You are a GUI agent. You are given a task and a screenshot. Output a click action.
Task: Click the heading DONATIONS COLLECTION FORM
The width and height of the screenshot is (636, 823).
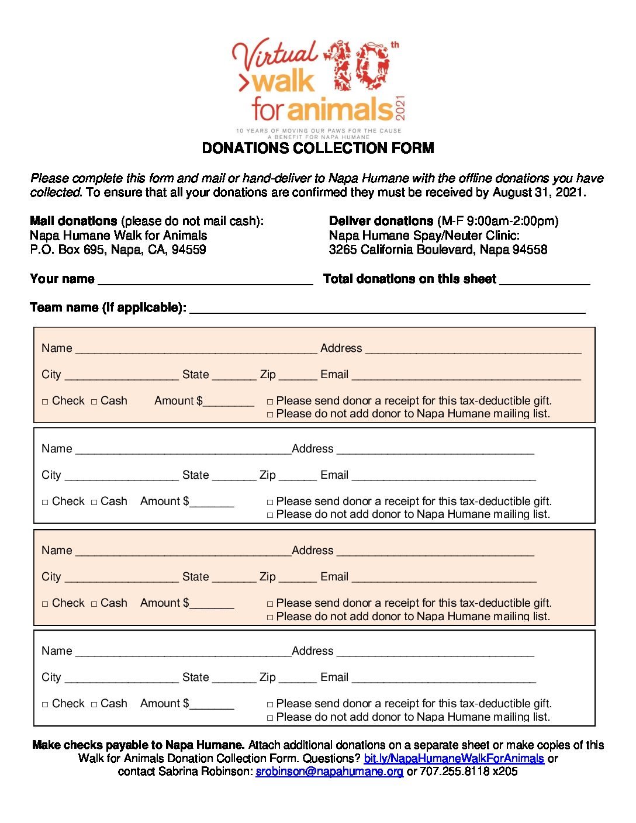[318, 148]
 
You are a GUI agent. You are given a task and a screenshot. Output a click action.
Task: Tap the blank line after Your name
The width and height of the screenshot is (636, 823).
[205, 281]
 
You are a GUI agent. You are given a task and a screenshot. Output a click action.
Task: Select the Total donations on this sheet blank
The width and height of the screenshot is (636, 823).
[545, 281]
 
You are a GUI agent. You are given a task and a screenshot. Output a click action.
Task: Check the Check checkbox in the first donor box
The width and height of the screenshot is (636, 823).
[45, 402]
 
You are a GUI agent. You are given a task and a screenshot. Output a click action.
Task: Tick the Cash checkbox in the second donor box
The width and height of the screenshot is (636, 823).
[94, 502]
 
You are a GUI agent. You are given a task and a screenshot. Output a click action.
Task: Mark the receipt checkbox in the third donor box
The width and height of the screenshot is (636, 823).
[270, 604]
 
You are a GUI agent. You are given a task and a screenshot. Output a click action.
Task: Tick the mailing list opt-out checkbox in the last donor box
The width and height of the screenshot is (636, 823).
[270, 718]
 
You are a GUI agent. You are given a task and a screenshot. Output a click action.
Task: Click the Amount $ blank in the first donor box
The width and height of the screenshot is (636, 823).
[229, 402]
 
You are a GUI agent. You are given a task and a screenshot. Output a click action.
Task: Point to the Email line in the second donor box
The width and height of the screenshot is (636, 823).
[444, 476]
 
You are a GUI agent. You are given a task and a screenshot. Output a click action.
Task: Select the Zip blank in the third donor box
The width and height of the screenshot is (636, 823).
[298, 578]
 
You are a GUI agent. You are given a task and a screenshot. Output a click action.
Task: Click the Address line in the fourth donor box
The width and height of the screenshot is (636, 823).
[435, 652]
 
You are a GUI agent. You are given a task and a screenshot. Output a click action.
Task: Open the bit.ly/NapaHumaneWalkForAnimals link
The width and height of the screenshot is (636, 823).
[454, 759]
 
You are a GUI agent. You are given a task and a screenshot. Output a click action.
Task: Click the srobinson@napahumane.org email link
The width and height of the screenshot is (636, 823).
[329, 772]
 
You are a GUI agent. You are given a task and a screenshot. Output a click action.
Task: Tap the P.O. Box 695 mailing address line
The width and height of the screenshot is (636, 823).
[118, 250]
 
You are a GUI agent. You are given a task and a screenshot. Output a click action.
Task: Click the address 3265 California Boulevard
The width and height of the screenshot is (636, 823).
[438, 250]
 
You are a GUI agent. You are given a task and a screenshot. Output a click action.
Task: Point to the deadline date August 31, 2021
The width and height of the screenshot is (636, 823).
[539, 192]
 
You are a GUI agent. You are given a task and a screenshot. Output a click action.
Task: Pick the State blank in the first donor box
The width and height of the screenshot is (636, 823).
[234, 376]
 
